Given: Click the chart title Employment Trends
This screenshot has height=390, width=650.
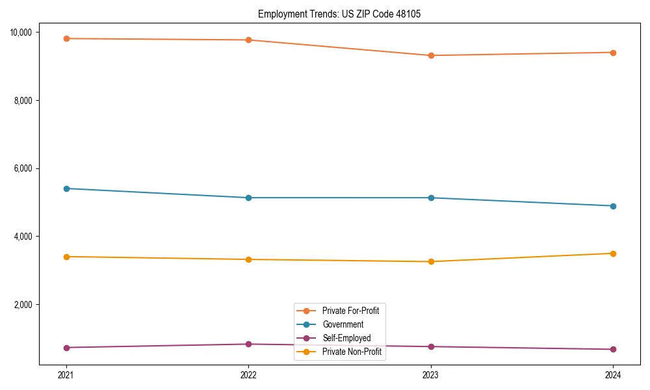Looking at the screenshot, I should point(339,14).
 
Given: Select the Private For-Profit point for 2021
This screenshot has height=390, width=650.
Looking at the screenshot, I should point(66,38).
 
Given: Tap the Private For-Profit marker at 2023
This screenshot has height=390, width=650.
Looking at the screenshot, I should point(431,55).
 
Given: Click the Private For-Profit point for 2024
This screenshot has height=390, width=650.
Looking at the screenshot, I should point(613,53).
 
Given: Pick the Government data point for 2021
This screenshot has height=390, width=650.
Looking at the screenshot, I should point(66,188).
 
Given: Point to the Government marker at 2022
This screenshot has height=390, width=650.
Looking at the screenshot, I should point(248,198).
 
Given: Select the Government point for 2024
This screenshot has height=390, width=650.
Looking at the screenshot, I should point(613,206).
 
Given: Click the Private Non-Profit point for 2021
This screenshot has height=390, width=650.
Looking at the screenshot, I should point(66,257).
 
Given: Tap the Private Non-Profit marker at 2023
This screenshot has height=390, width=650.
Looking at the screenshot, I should point(431,261).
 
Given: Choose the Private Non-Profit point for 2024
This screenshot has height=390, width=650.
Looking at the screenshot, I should point(613,253).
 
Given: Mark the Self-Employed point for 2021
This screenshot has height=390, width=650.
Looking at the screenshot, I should point(66,348).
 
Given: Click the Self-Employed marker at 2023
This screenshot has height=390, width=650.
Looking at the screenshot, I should point(431,346).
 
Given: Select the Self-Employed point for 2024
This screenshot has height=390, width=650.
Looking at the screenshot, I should point(613,350).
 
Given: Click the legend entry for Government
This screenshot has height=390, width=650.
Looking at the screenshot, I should point(343,324).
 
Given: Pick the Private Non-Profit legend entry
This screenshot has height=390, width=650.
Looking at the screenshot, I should point(352,352).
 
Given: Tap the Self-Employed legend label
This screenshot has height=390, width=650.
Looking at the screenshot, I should point(346,338).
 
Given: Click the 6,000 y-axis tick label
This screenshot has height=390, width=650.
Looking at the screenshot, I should point(27,168).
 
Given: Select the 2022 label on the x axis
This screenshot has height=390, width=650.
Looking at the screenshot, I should point(248,374).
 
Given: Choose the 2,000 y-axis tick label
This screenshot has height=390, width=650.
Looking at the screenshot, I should point(27,305).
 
